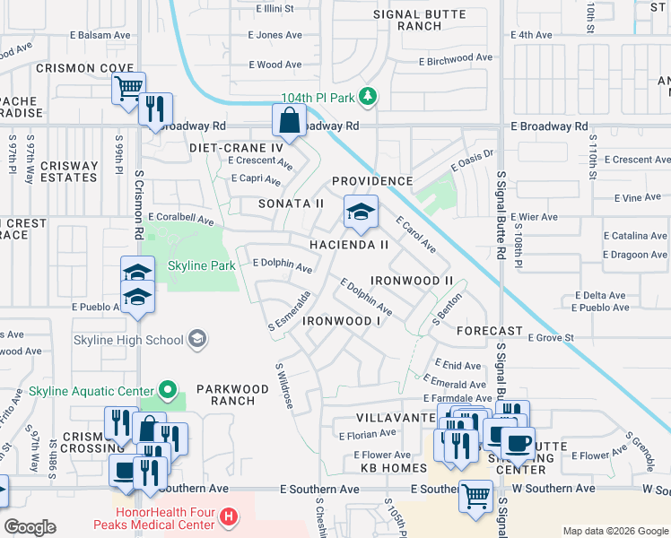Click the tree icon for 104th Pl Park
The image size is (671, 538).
tap(366, 95)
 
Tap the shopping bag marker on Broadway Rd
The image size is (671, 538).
tap(290, 119)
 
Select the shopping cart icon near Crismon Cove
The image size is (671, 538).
tap(128, 88)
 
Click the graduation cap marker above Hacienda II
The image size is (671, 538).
tap(361, 213)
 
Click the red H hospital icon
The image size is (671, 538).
tap(230, 516)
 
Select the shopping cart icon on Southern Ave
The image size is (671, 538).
tap(475, 495)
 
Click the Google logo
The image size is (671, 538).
tap(30, 527)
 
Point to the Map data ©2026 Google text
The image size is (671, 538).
tap(614, 531)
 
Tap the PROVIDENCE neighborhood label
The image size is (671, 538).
tap(372, 181)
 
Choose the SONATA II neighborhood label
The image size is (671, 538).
tap(291, 204)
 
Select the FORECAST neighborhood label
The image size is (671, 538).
tap(489, 331)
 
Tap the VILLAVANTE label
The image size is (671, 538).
tap(395, 418)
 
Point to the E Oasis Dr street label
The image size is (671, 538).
tap(477, 159)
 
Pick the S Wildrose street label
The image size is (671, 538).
tap(284, 386)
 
